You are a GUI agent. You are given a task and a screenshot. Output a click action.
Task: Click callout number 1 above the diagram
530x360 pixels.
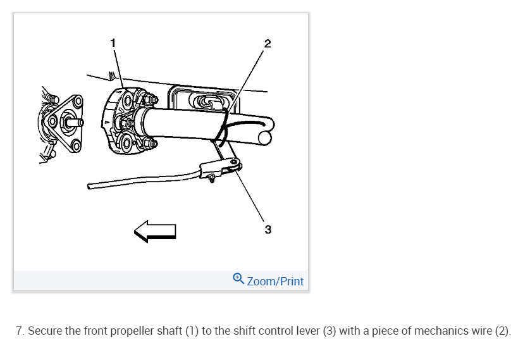tap(113, 43)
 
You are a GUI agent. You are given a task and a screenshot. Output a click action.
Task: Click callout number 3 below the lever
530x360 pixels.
tap(268, 229)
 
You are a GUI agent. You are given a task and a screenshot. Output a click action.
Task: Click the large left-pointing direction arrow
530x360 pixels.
tap(154, 231)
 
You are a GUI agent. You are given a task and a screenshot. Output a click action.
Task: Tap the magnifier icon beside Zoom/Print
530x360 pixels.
tap(238, 279)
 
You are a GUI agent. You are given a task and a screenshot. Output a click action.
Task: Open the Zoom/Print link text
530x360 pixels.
tap(275, 282)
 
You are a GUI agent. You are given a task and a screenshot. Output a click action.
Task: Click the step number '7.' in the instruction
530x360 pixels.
tap(20, 331)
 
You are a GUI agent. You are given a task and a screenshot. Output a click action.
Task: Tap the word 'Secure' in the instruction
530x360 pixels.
tap(44, 331)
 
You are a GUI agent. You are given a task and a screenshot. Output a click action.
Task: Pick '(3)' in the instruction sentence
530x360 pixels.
tap(329, 331)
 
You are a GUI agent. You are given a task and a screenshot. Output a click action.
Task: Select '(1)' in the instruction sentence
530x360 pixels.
tap(191, 331)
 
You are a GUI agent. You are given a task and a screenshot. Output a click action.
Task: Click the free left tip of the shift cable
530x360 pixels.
tap(90, 186)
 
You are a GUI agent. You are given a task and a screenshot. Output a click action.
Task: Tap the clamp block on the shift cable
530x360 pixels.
tap(211, 170)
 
